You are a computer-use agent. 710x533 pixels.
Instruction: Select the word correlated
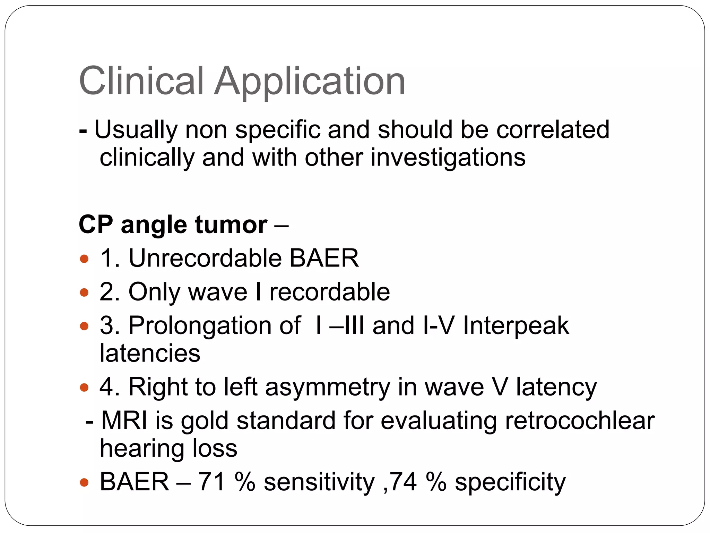coord(553,129)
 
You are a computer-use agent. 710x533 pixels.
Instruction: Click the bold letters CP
coord(96,225)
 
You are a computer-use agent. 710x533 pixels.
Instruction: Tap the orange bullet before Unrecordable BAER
coord(84,259)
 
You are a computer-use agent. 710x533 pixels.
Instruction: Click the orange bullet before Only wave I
coord(84,292)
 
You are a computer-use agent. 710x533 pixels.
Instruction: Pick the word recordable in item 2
coord(329,292)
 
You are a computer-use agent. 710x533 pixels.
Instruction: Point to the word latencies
coord(150,353)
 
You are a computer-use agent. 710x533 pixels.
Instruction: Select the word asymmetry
coord(328,387)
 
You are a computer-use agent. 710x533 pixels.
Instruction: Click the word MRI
coord(124,421)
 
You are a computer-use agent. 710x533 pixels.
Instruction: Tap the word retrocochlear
coord(580,421)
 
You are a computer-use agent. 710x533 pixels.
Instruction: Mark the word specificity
coord(510,482)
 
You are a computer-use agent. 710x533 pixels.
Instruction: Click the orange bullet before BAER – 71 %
coord(84,482)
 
